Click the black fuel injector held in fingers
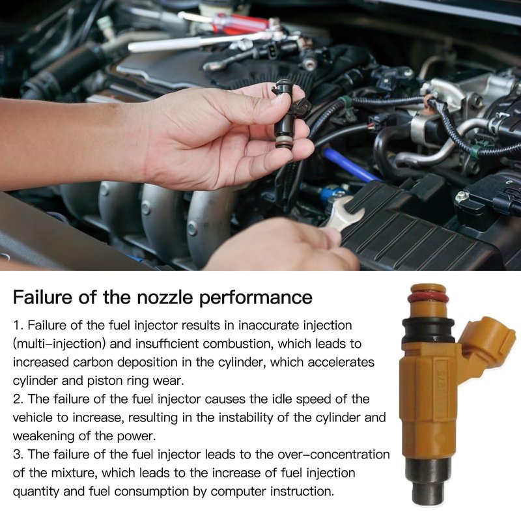(289, 113)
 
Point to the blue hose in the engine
(352, 165)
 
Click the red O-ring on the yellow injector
(428, 298)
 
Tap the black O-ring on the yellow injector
(428, 330)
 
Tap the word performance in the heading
(255, 298)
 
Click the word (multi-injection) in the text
(59, 344)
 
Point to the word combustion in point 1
(238, 344)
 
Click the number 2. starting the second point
(18, 399)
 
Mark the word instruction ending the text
(302, 492)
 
